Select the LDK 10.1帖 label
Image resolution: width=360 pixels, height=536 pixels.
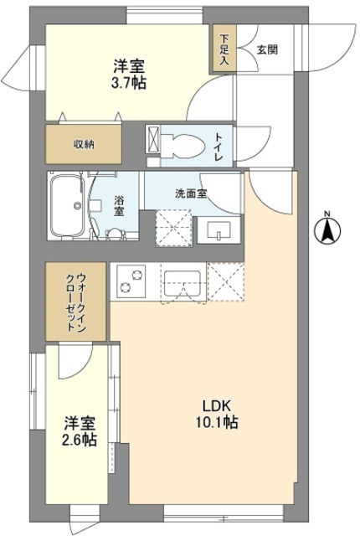[x=220, y=415]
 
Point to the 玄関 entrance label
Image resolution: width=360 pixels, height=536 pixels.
[x=268, y=49]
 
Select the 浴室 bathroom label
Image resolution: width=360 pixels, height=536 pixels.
[x=120, y=206]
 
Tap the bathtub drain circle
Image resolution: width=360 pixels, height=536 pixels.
[x=78, y=206]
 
